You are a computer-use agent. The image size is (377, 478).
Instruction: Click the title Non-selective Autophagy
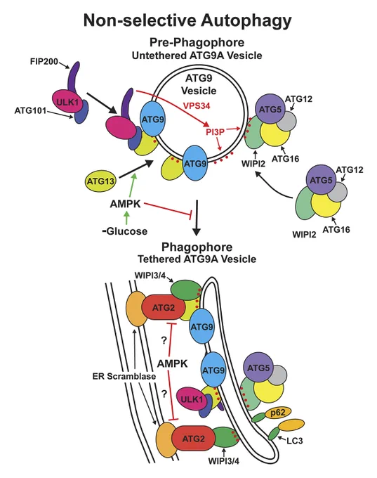click(x=187, y=20)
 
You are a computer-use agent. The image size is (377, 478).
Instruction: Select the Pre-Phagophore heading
click(x=197, y=42)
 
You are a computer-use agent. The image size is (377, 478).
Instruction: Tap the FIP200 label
click(x=44, y=62)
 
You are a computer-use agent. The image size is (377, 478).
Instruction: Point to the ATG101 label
click(x=30, y=110)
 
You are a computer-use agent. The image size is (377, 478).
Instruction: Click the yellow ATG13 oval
click(x=100, y=181)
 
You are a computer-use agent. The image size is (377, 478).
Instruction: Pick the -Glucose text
click(x=125, y=231)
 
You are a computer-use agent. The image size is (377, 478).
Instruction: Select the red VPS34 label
click(x=197, y=105)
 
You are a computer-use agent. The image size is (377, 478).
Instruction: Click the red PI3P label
click(x=215, y=132)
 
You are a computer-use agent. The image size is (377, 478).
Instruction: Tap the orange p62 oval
click(x=277, y=413)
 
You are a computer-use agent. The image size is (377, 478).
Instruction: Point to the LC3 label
click(x=295, y=441)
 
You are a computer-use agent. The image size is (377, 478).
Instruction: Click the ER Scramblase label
click(x=124, y=376)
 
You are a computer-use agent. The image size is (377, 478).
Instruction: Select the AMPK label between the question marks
click(x=173, y=363)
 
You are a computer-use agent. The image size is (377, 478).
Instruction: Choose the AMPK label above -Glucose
click(x=125, y=204)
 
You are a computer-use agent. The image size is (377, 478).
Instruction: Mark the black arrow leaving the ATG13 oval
click(x=135, y=169)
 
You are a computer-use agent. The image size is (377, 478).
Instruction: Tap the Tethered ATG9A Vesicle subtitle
click(x=197, y=259)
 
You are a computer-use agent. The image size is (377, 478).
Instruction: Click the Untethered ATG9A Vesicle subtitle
click(x=197, y=56)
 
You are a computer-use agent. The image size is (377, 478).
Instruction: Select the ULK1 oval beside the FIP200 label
click(x=67, y=102)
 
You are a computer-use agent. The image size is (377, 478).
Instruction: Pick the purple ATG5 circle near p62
click(x=258, y=368)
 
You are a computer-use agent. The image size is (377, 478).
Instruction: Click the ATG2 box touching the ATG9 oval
click(x=164, y=307)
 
